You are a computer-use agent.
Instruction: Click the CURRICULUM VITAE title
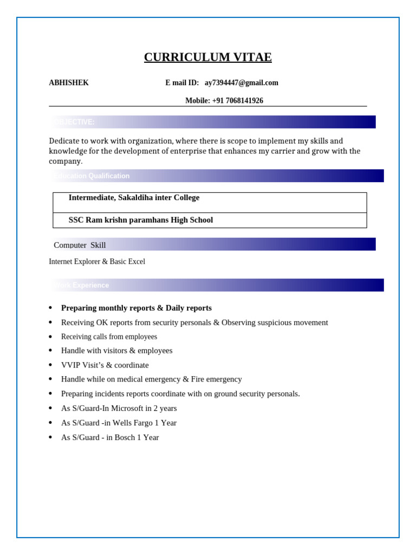click(207, 57)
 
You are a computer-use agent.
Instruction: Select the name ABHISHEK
click(69, 83)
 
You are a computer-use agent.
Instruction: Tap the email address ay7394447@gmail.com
click(241, 83)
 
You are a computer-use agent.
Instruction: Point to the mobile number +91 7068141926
click(237, 101)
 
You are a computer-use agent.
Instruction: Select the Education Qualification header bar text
click(92, 176)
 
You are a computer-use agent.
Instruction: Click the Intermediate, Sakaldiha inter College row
click(134, 198)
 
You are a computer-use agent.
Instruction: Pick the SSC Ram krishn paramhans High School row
click(140, 220)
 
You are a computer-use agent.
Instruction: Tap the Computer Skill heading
click(80, 245)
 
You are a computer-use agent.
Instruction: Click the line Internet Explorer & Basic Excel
click(97, 262)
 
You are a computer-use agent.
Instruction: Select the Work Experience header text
click(82, 285)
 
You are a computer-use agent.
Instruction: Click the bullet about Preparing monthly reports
click(136, 308)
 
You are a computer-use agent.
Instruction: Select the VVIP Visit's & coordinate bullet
click(105, 365)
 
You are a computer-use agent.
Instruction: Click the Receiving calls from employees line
click(109, 337)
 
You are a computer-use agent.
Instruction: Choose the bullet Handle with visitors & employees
click(116, 351)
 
